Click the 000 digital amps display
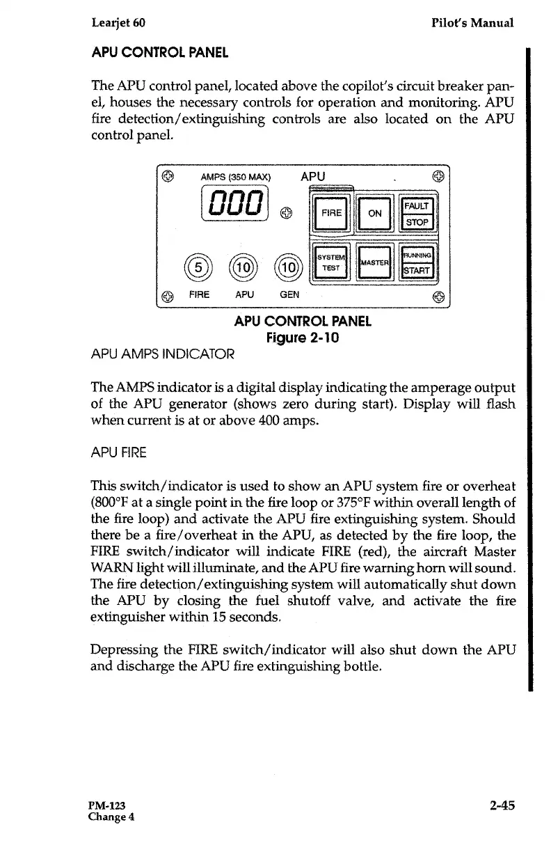pyautogui.click(x=234, y=205)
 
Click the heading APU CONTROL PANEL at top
pyautogui.click(x=159, y=53)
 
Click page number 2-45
pyautogui.click(x=501, y=805)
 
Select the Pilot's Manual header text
pyautogui.click(x=472, y=22)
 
